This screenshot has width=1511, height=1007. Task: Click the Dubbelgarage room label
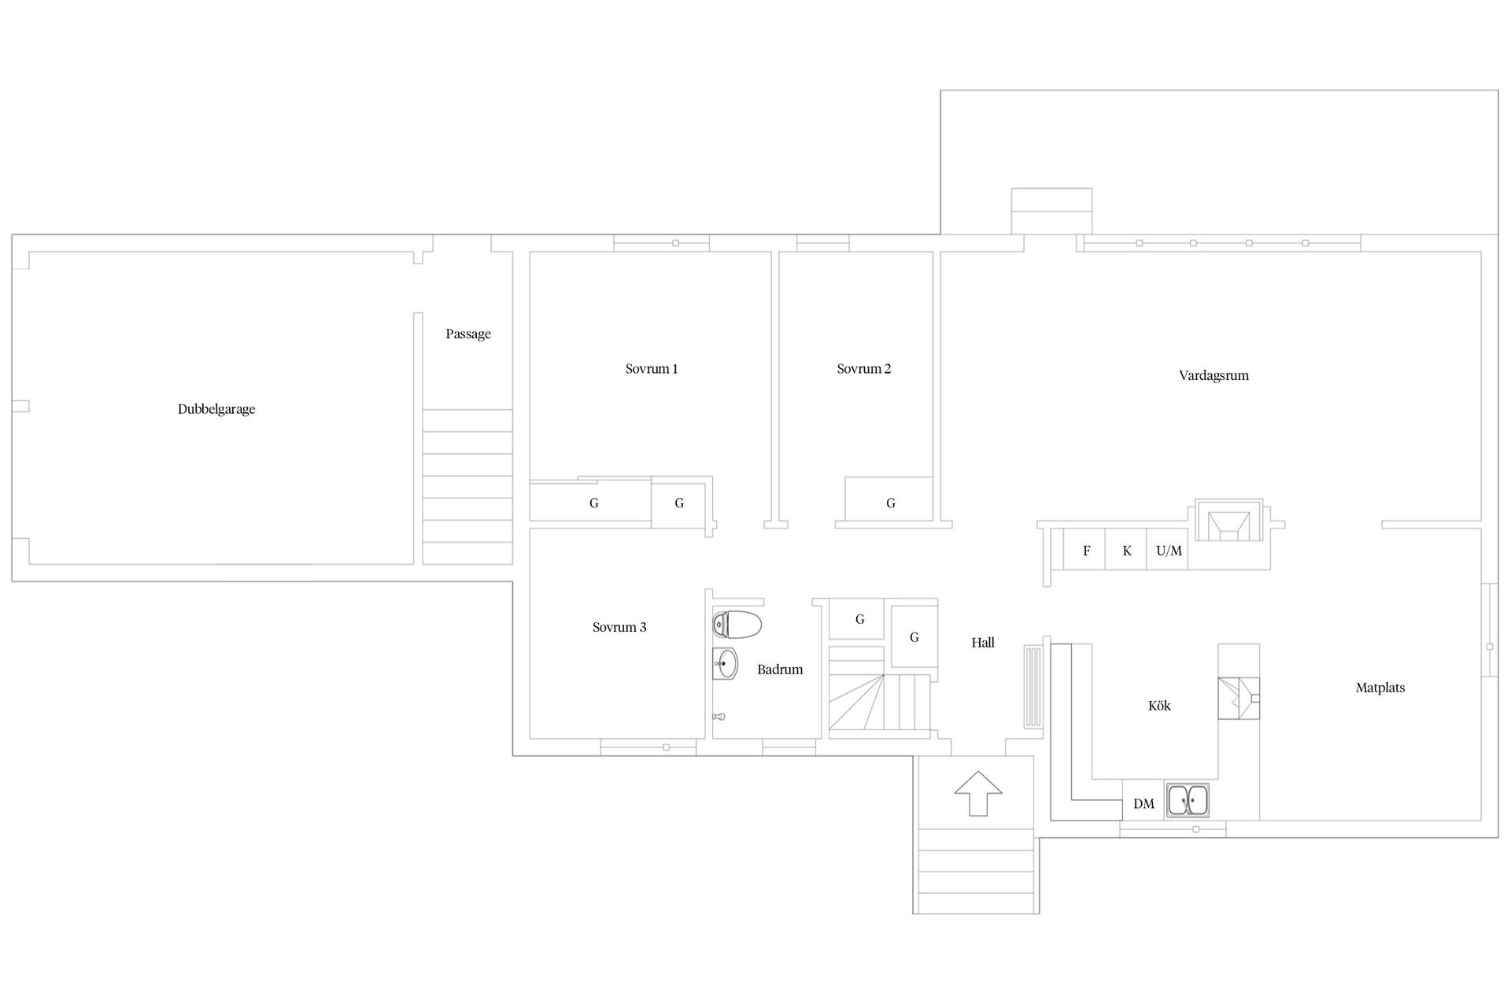[x=216, y=409]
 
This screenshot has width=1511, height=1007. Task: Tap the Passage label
[x=468, y=334]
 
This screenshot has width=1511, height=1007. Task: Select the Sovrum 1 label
[x=652, y=368]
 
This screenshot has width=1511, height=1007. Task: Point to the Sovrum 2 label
[x=864, y=368]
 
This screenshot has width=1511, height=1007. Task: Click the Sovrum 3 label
[x=619, y=627]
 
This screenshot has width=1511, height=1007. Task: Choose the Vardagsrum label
[x=1214, y=375]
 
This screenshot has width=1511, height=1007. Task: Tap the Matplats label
[x=1380, y=688]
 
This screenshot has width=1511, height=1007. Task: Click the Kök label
[x=1159, y=706]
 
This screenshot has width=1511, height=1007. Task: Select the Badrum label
[x=780, y=669]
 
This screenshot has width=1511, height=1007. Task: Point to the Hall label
[x=983, y=643]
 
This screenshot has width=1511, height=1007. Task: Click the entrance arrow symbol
[x=978, y=793]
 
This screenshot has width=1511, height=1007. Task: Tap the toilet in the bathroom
[x=737, y=625]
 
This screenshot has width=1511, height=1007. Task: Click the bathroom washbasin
[x=725, y=664]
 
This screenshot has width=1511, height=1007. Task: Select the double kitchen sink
[x=1188, y=800]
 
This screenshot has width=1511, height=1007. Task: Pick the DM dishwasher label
[x=1143, y=803]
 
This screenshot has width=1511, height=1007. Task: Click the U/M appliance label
[x=1169, y=551]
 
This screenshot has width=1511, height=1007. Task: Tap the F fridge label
[x=1087, y=551]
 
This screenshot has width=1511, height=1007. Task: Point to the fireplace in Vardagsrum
[x=1228, y=521]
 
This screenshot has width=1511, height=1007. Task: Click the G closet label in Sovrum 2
[x=891, y=503]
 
